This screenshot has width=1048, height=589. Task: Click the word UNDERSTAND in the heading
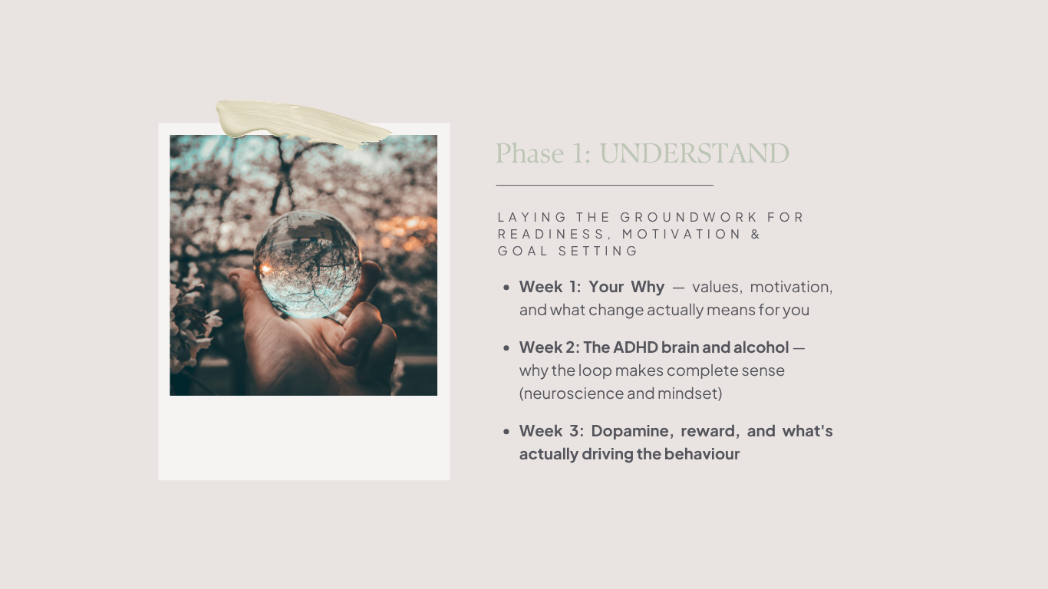pyautogui.click(x=694, y=153)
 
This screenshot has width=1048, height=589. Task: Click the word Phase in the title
pyautogui.click(x=529, y=153)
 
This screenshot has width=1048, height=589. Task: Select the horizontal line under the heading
pyautogui.click(x=605, y=186)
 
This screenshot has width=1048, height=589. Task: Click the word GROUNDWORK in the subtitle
pyautogui.click(x=688, y=218)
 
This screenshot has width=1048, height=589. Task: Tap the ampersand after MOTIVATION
pyautogui.click(x=756, y=235)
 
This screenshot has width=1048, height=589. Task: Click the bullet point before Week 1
pyautogui.click(x=506, y=288)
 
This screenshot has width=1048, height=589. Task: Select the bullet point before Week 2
pyautogui.click(x=506, y=348)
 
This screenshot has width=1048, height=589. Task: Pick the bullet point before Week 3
pyautogui.click(x=506, y=432)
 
